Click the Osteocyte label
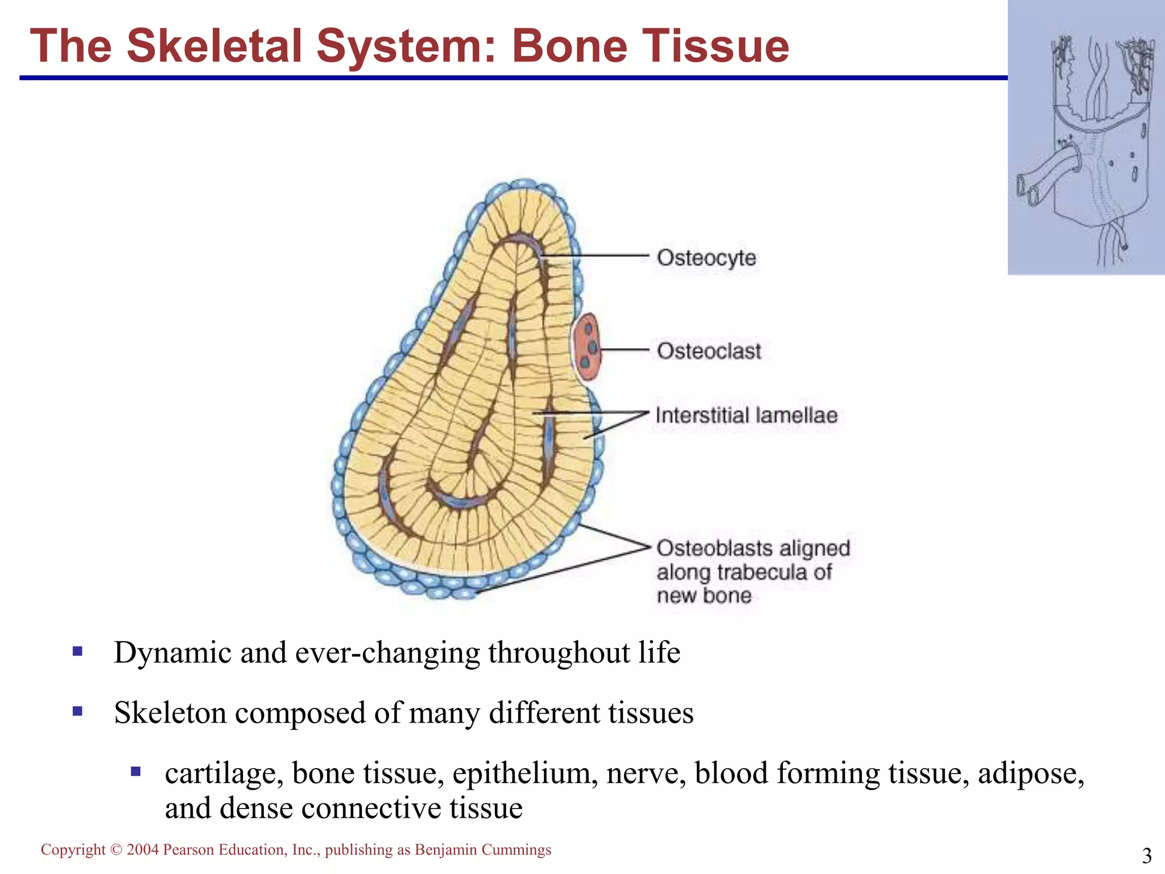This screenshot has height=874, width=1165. [706, 258]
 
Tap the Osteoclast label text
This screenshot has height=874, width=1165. [709, 351]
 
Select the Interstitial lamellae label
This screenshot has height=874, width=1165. [746, 415]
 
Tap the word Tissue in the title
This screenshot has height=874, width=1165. [716, 46]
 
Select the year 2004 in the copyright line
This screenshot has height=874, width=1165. [142, 850]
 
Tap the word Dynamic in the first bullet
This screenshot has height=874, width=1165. [172, 652]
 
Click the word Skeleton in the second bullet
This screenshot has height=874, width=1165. [170, 712]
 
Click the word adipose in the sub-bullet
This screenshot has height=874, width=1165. [1031, 773]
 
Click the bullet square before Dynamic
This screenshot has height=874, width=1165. [78, 651]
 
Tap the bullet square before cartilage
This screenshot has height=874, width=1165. [135, 772]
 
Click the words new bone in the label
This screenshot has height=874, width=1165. [704, 596]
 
